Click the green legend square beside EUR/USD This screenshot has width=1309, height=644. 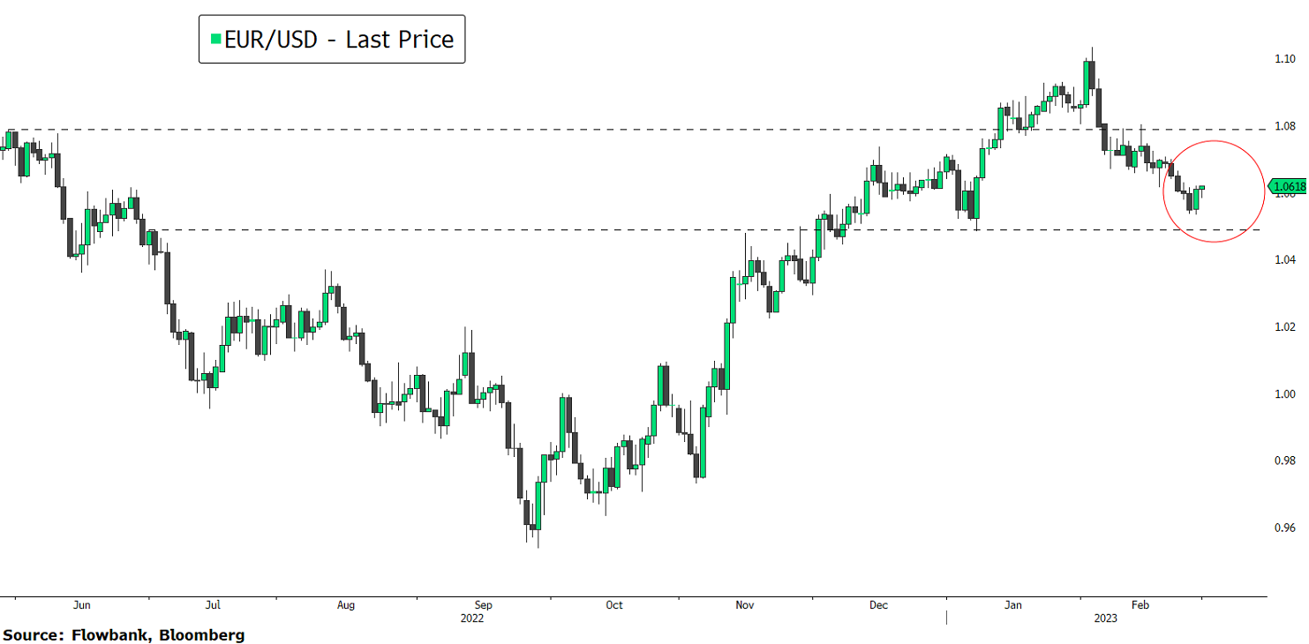(x=215, y=40)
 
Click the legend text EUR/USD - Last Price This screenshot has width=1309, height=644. (x=339, y=40)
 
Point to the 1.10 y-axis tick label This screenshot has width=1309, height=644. (x=1283, y=59)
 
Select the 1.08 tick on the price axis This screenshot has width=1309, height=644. (x=1283, y=126)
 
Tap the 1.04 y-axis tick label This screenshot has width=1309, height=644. (x=1283, y=259)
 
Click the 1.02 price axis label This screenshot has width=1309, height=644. (x=1283, y=326)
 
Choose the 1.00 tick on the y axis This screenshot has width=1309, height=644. (x=1283, y=393)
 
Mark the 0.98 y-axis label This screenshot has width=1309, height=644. (x=1283, y=461)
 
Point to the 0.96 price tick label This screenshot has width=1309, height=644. (x=1283, y=528)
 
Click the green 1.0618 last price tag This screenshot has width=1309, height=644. (x=1289, y=186)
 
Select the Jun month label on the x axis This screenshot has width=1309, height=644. (x=81, y=605)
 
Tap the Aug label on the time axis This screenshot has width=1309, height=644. (x=346, y=605)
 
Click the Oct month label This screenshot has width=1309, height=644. (x=614, y=605)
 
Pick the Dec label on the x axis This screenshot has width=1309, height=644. (x=878, y=605)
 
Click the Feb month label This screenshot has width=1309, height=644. (x=1140, y=605)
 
